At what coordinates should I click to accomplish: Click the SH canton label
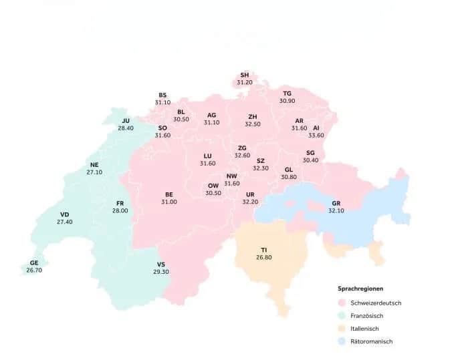pos(245,75)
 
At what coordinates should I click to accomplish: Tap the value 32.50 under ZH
pos(253,124)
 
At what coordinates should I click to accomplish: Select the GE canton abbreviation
pos(33,263)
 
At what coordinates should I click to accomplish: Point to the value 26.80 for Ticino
pos(264,257)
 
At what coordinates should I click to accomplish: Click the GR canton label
pos(336,203)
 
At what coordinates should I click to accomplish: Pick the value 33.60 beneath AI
pos(316,135)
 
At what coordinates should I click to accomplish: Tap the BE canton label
pos(169,194)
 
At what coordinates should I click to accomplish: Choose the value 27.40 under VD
pos(65,222)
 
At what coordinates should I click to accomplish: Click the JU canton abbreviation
pos(126,120)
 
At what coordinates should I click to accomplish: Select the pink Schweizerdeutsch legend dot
pos(342,303)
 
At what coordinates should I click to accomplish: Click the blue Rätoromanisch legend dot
pos(342,341)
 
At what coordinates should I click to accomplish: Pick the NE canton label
pos(94,164)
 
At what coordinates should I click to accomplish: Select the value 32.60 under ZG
pos(242,155)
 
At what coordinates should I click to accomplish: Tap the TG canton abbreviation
pos(287,93)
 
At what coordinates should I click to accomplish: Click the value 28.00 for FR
pos(120,210)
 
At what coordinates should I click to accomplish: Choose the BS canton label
pos(162,95)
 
